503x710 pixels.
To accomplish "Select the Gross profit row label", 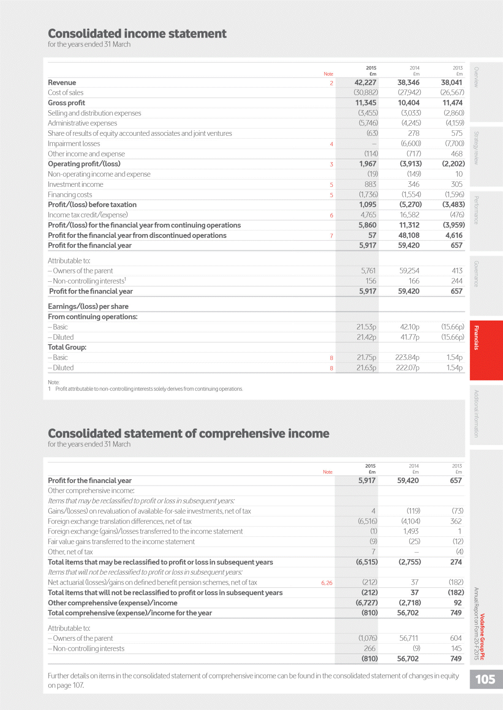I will (x=66, y=103).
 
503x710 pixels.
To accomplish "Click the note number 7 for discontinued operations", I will (x=332, y=236).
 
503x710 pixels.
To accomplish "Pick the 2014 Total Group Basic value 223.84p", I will (x=407, y=358).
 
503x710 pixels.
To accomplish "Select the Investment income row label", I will (x=75, y=184).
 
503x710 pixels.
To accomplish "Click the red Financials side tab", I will (x=476, y=338).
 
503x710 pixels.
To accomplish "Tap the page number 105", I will (x=485, y=679).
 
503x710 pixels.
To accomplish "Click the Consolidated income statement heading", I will (x=137, y=34).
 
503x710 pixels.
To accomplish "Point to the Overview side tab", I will (x=476, y=77).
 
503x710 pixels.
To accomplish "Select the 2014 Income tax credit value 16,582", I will (x=409, y=215).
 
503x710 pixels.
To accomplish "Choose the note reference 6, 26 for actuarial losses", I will (x=326, y=583).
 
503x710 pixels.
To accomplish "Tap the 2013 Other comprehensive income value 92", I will (x=457, y=603).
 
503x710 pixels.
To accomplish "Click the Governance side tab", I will (x=476, y=274).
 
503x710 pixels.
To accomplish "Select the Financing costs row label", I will (x=70, y=195).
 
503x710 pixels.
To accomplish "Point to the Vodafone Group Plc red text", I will (x=482, y=637).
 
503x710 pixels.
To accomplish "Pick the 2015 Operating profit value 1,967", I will (x=367, y=164).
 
